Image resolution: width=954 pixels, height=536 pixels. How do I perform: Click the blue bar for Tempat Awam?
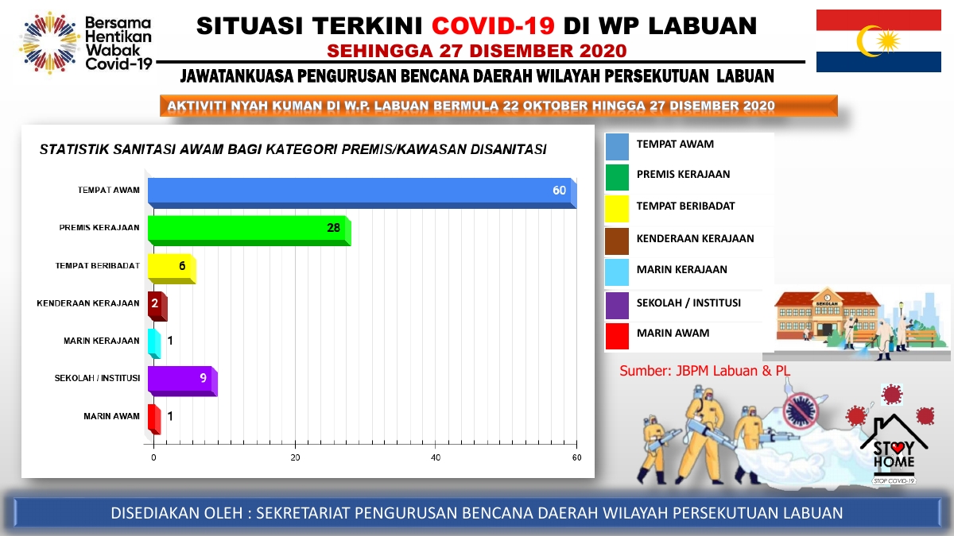[x=362, y=193]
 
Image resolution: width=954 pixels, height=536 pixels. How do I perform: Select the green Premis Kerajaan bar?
[x=249, y=230]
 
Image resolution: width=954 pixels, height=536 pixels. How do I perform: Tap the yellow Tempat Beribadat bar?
[x=172, y=268]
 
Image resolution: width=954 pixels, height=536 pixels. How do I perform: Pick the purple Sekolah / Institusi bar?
[x=183, y=381]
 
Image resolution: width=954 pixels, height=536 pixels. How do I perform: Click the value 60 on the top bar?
[x=559, y=190]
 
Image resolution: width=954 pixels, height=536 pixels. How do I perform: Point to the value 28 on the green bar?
[x=333, y=228]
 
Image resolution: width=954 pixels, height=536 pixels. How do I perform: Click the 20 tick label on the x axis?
[x=295, y=457]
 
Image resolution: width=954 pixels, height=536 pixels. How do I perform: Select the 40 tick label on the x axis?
[x=436, y=457]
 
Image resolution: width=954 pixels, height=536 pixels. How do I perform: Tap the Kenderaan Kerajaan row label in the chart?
[x=88, y=303]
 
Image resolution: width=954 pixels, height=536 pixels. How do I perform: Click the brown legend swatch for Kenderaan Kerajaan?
[x=617, y=241]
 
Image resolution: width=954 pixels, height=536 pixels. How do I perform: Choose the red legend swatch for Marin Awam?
[x=617, y=336]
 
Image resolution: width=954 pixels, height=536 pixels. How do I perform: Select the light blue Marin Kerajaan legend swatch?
[x=617, y=272]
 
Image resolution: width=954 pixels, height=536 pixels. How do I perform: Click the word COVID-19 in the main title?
[x=493, y=25]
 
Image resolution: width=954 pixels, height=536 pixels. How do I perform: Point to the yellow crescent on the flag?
[x=868, y=41]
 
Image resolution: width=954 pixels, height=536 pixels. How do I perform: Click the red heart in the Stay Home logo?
[x=898, y=447]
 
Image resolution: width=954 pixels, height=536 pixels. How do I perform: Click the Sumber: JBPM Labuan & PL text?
[x=705, y=371]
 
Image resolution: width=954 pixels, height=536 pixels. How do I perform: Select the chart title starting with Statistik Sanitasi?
[x=293, y=150]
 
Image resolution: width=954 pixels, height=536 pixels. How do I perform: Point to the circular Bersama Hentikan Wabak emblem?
[x=49, y=43]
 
